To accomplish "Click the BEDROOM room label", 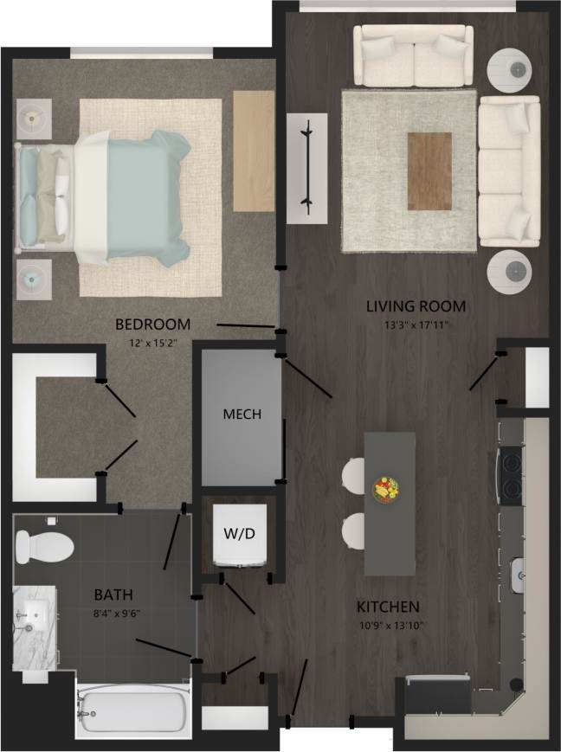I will (152, 325).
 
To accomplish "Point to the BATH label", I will (113, 595).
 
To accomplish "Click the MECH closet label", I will (242, 414).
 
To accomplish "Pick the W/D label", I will (239, 534).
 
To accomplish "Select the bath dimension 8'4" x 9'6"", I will (113, 613).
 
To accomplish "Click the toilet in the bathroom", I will (44, 545).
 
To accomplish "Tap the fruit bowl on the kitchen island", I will (384, 489).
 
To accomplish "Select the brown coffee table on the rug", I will (429, 170).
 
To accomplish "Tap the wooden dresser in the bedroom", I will (254, 149).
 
